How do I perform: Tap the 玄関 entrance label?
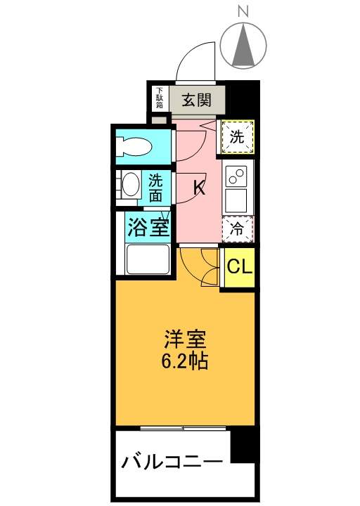(x=197, y=99)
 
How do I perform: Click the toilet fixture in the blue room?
(x=137, y=147)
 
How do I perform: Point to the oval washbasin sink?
(x=131, y=186)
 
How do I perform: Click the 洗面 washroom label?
(x=155, y=188)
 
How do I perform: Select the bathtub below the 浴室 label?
(x=148, y=261)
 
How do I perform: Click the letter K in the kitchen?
(x=199, y=188)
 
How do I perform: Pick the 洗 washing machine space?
(x=238, y=137)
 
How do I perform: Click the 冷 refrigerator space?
(x=238, y=228)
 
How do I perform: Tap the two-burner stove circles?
(x=238, y=174)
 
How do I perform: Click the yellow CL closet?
(x=238, y=268)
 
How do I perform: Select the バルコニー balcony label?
(x=172, y=462)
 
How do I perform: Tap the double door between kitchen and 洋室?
(x=200, y=265)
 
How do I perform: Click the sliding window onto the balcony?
(x=183, y=427)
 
